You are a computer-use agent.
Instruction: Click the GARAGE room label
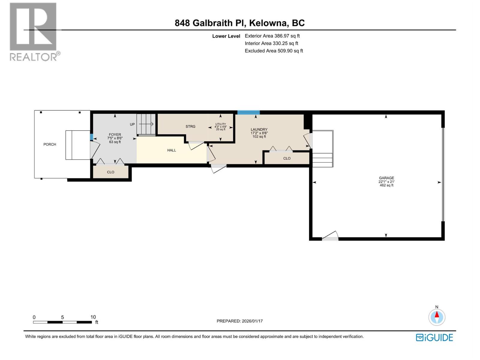[386, 178]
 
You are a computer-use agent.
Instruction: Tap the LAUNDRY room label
[259, 130]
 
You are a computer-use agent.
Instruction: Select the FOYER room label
[115, 135]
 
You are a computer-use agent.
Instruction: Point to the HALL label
[172, 150]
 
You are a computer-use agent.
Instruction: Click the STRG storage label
[190, 127]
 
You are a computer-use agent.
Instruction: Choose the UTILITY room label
[220, 124]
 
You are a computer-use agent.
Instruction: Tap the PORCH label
[50, 144]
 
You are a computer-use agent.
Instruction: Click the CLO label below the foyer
[111, 172]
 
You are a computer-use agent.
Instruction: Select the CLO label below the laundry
[287, 158]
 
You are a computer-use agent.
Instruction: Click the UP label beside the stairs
[132, 124]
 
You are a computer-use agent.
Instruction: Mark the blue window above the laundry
[248, 112]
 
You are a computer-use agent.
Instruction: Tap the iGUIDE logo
[434, 337]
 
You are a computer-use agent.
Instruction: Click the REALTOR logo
[34, 31]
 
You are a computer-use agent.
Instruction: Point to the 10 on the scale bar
[93, 317]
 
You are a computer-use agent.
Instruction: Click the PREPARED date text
[240, 321]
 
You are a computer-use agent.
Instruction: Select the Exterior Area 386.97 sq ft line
[272, 36]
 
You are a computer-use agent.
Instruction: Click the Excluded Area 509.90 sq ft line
[274, 51]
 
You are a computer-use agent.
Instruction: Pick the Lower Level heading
[226, 36]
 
